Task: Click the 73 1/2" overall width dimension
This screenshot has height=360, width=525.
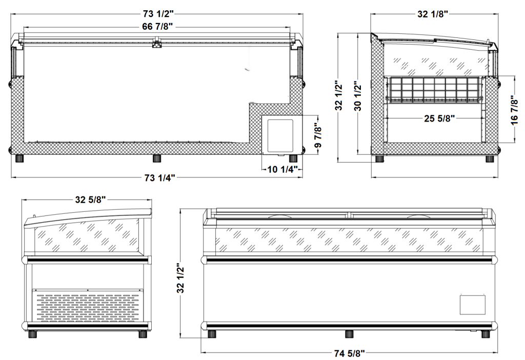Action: tap(158, 14)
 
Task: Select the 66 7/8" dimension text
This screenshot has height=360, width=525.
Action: tap(157, 27)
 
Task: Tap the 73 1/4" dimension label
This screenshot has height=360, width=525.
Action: tap(160, 178)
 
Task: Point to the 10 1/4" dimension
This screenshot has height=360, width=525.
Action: tap(282, 169)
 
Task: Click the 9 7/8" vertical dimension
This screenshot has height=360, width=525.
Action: tap(318, 135)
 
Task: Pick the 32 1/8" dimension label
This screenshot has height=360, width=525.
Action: tap(433, 14)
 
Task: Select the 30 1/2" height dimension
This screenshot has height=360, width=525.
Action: tap(358, 96)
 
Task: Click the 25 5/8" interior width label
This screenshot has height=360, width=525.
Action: tap(439, 118)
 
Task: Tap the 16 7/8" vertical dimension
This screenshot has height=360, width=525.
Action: tap(515, 110)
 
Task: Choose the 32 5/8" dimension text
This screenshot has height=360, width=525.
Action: tap(90, 200)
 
